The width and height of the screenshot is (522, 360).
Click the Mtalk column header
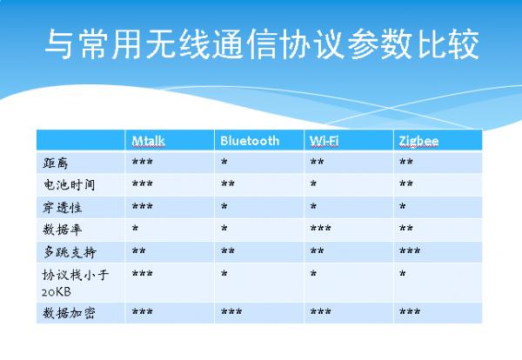click(x=149, y=140)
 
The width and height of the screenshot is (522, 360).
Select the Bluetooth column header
click(x=250, y=140)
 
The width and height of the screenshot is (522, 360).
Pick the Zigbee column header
click(x=418, y=140)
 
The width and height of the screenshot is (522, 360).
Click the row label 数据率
click(x=62, y=230)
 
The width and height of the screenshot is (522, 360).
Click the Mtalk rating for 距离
click(x=143, y=163)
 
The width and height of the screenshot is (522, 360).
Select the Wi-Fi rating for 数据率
click(x=320, y=230)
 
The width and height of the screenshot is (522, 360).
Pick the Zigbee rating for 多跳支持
click(x=410, y=252)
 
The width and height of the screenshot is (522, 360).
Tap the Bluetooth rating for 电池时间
click(x=228, y=185)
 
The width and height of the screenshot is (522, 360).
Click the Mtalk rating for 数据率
click(x=135, y=230)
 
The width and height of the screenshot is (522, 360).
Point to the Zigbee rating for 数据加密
click(x=410, y=312)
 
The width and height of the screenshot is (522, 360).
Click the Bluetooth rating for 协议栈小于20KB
click(x=224, y=274)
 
